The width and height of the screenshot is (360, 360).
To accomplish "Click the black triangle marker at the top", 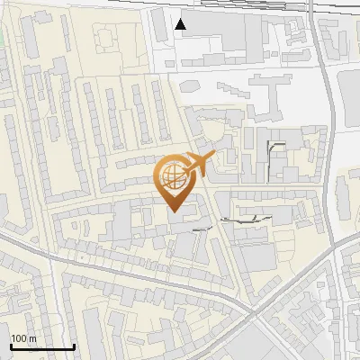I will [181, 24].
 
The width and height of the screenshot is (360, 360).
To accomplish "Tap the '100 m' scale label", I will [23, 338].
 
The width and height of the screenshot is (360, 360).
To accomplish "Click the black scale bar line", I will [41, 346].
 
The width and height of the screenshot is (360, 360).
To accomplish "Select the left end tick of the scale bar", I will [10, 345].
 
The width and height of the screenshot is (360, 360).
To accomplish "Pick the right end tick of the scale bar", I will [74, 345].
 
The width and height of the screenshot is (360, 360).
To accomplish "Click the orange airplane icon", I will [196, 165].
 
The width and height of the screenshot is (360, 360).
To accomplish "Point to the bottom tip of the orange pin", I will [174, 213].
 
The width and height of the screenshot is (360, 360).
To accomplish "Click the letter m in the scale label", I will [32, 338].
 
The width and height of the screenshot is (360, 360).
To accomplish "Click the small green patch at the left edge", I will [2, 40].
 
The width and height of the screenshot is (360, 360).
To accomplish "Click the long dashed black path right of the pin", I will [243, 218].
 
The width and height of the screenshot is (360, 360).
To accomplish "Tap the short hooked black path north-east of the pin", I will [273, 148].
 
